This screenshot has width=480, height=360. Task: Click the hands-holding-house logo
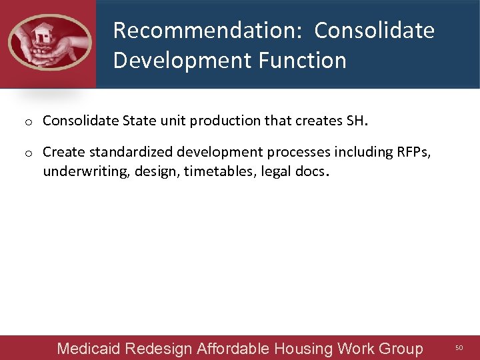click(49, 43)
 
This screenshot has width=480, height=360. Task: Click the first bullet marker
click(29, 122)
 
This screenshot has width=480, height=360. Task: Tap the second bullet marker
click(29, 153)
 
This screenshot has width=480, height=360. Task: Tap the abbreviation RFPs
click(413, 152)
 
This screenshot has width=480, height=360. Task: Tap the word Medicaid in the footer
click(89, 349)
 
